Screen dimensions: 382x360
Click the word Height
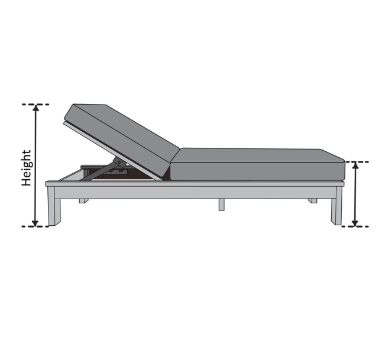[x=26, y=168]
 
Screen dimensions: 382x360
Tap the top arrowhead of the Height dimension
[x=36, y=108]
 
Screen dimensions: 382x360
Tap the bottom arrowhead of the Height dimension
[x=35, y=223]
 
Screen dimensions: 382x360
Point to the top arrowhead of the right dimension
[x=356, y=166]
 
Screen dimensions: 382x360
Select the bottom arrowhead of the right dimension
[x=355, y=223]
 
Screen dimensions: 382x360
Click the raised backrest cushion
[x=121, y=140]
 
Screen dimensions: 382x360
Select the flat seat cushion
[x=257, y=165]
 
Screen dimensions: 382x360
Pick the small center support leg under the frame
[x=221, y=205]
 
